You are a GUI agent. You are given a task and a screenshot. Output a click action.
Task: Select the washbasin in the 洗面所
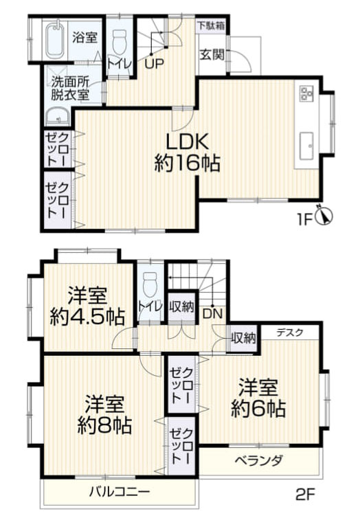pos(57,116)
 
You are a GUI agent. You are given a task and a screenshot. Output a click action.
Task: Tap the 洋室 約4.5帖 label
pos(87,307)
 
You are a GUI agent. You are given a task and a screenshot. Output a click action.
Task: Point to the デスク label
pos(291,333)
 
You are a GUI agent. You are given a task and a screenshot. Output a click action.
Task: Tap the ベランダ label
pos(258,460)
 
